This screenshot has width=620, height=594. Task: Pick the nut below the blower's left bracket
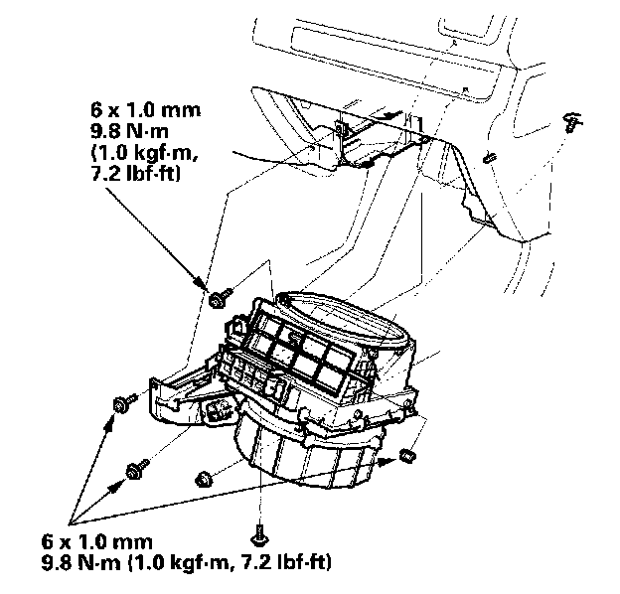203,477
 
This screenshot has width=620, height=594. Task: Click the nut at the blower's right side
405,455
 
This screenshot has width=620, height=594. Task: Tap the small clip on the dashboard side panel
490,157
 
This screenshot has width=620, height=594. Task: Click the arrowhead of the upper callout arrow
210,289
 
